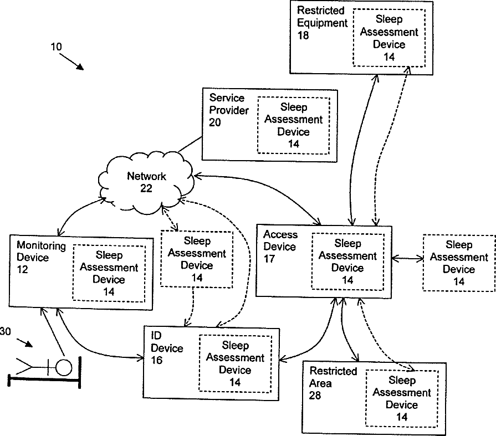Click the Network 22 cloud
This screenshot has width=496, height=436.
pyautogui.click(x=146, y=182)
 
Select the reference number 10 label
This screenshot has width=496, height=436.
pyautogui.click(x=57, y=47)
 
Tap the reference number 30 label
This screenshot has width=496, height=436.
pyautogui.click(x=6, y=331)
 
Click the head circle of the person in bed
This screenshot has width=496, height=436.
pyautogui.click(x=64, y=367)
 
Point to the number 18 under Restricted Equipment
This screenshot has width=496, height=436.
pyautogui.click(x=303, y=35)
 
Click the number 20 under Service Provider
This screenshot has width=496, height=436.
pyautogui.click(x=215, y=122)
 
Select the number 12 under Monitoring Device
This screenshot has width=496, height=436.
pyautogui.click(x=22, y=269)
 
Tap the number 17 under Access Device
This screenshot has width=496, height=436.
pyautogui.click(x=269, y=259)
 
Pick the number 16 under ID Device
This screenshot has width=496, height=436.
pyautogui.click(x=157, y=360)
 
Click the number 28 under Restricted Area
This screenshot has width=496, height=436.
pyautogui.click(x=315, y=395)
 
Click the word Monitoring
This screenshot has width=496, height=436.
pyautogui.click(x=41, y=245)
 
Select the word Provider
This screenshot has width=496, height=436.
pyautogui.click(x=229, y=110)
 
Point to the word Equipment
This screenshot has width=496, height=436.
pyautogui.click(x=323, y=23)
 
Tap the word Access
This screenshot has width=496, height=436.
pyautogui.click(x=280, y=234)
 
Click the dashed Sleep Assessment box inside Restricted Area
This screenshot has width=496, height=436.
pyautogui.click(x=402, y=398)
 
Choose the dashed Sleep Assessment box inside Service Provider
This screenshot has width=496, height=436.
pyautogui.click(x=294, y=125)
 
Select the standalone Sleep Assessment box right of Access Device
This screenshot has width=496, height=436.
pyautogui.click(x=459, y=263)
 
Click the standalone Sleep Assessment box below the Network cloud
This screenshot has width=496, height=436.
pyautogui.click(x=197, y=259)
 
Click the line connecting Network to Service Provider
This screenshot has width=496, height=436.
pyautogui.click(x=190, y=145)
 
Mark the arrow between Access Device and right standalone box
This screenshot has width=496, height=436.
pyautogui.click(x=407, y=259)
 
